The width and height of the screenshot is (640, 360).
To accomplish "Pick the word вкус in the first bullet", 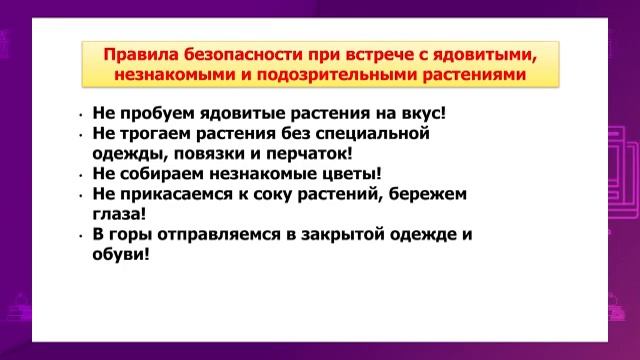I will pyautogui.click(x=431, y=113).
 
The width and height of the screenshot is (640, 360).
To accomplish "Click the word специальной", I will pyautogui.click(x=376, y=133).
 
